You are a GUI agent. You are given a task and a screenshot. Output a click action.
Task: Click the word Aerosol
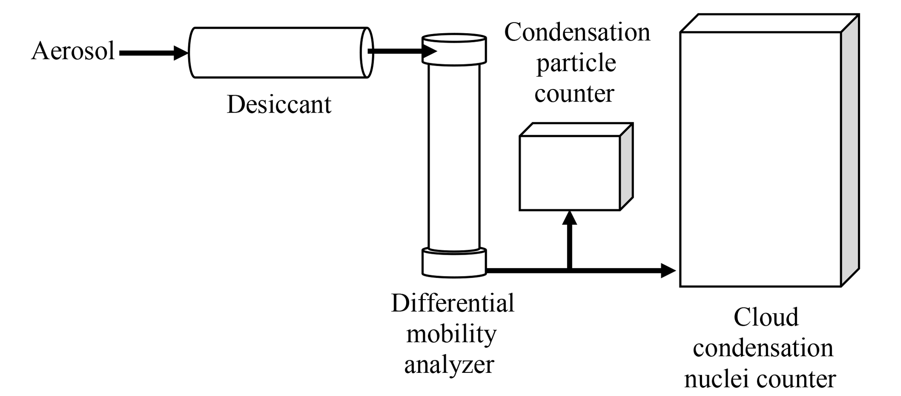(73, 51)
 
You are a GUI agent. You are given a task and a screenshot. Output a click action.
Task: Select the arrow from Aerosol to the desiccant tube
(153, 53)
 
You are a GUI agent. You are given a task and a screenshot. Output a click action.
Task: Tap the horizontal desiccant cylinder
(279, 53)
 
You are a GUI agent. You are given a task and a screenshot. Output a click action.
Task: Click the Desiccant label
(279, 105)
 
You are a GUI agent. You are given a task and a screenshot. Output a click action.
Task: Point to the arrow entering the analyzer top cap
(401, 51)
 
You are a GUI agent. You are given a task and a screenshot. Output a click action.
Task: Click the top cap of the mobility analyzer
(454, 50)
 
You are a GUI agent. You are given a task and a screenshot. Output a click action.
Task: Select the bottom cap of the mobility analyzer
(454, 263)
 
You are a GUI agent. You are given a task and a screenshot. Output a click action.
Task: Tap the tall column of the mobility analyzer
(454, 157)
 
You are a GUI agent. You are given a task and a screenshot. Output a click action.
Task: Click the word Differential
(452, 303)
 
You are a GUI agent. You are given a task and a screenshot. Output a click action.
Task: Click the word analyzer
(449, 365)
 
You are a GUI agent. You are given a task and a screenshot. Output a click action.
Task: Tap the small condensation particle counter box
(569, 173)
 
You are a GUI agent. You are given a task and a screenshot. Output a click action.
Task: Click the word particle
(576, 64)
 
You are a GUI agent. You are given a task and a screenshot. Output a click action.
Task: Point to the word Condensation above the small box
(577, 33)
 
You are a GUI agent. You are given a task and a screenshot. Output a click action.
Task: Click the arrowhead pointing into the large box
(668, 270)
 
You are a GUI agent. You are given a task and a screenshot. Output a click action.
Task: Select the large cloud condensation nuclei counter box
(760, 159)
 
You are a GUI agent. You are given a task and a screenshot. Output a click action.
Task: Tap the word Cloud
(766, 317)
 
